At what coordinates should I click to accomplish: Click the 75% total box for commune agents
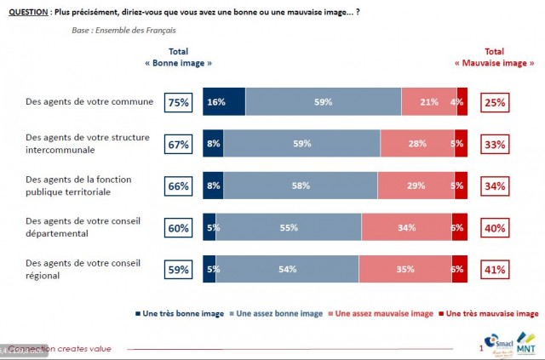(178, 102)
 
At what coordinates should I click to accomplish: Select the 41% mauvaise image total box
(494, 270)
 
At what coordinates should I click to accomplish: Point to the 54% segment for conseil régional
(287, 270)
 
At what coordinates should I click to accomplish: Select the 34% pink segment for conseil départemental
(406, 228)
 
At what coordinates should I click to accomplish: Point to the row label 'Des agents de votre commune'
(89, 102)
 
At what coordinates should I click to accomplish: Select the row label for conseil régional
(80, 270)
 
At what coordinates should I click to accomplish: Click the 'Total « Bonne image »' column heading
(178, 58)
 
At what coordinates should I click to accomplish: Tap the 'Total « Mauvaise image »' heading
(494, 58)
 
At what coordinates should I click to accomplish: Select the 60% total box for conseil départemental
(178, 228)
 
